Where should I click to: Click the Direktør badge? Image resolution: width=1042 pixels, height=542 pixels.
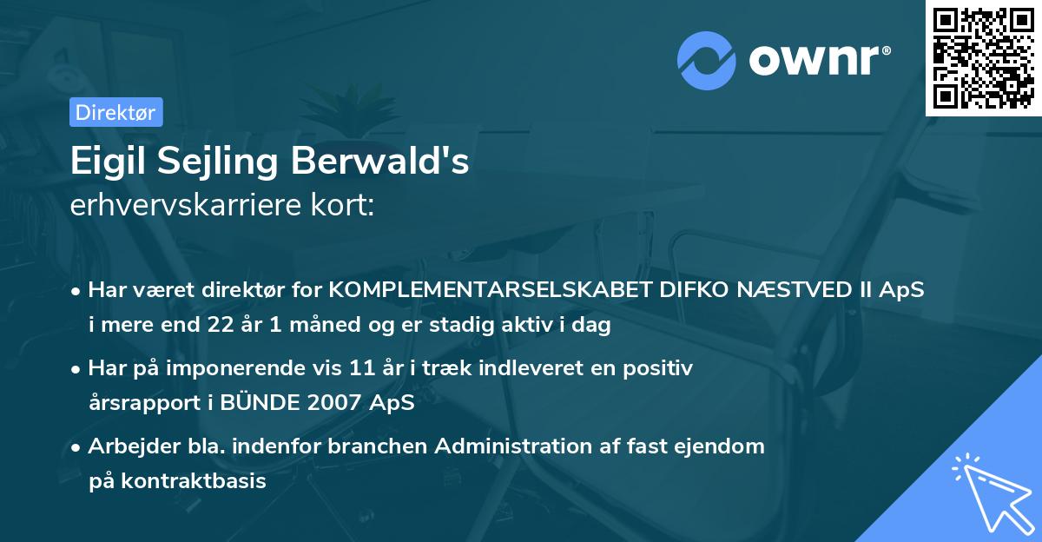115,112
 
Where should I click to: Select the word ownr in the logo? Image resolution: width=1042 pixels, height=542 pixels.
816,60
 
